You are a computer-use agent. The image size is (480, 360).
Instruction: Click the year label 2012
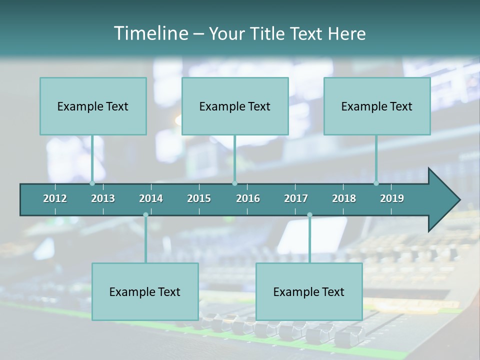(x=55, y=198)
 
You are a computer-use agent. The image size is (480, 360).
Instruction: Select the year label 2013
(x=103, y=198)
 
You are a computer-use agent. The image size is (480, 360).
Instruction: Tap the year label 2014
(x=151, y=198)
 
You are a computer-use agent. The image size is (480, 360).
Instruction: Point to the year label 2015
(x=199, y=198)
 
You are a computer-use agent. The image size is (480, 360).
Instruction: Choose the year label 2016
(x=248, y=198)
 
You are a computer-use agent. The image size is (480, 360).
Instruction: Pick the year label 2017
(x=296, y=198)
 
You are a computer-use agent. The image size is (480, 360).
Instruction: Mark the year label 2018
(x=344, y=198)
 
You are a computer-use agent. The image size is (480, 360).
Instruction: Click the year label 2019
(x=392, y=198)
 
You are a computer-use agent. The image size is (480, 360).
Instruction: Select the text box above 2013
(x=93, y=106)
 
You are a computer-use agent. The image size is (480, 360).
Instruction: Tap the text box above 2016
(x=235, y=106)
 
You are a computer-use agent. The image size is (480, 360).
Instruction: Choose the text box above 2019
(x=377, y=106)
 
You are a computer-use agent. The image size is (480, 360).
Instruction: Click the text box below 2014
(x=145, y=291)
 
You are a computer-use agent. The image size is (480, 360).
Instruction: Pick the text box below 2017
(x=309, y=291)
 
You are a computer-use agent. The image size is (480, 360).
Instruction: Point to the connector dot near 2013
(x=92, y=183)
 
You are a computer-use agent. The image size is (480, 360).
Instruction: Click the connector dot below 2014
(x=145, y=215)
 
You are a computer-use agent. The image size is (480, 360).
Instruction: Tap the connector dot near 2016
(x=234, y=183)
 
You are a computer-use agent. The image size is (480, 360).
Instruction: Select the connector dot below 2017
(x=309, y=215)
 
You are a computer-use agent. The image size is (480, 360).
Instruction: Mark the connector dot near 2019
(x=376, y=183)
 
